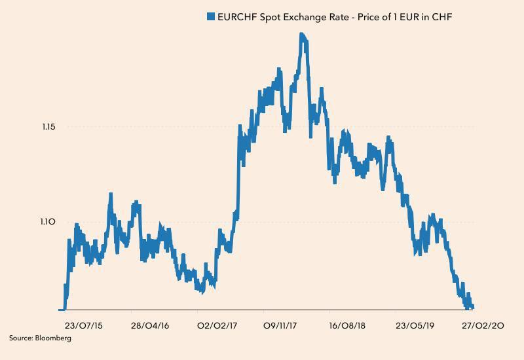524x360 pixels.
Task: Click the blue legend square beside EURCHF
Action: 211,17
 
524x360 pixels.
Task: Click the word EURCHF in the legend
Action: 238,17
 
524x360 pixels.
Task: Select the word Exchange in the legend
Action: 311,17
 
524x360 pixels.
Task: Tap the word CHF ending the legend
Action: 443,17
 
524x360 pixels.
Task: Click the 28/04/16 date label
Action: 150,325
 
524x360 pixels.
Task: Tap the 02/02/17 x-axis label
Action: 217,325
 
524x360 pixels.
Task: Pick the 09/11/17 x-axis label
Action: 282,325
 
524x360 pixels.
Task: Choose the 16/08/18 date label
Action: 347,325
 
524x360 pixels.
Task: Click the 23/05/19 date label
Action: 415,325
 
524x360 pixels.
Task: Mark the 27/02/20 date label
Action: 483,325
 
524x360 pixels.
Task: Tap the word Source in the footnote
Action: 20,338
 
